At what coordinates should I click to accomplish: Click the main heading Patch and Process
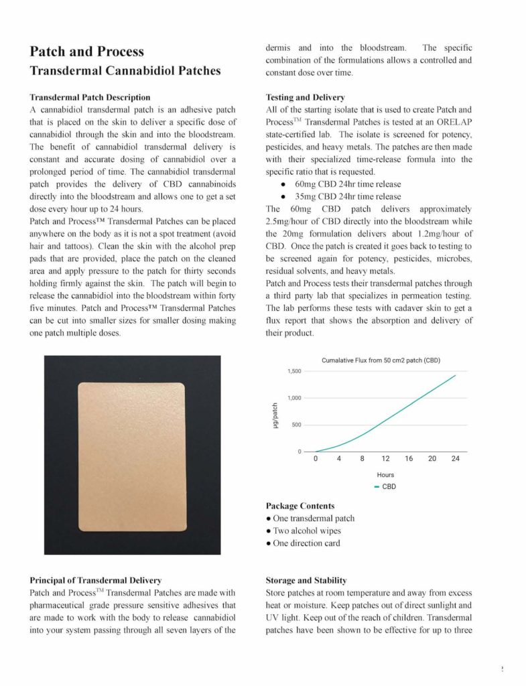[86, 52]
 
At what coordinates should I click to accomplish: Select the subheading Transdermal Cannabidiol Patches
[125, 70]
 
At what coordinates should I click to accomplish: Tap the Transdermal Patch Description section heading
[90, 97]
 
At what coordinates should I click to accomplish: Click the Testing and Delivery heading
[305, 97]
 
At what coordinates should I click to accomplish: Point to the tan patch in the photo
[132, 454]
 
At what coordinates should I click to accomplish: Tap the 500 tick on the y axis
[295, 425]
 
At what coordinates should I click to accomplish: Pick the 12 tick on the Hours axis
[386, 460]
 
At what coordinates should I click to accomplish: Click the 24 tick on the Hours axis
[456, 460]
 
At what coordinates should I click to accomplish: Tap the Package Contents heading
[300, 506]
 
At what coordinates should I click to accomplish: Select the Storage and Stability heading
[306, 580]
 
